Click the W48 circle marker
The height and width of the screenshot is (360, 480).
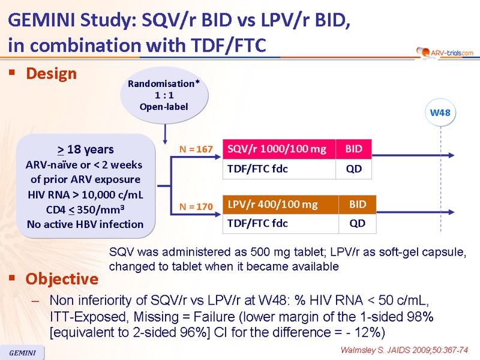tap(440, 113)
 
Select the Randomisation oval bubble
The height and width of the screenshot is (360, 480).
tap(164, 95)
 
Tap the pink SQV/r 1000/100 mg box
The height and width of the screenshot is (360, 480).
tap(279, 149)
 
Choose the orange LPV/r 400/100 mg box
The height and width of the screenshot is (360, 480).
tap(280, 205)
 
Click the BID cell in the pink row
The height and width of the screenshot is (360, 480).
tap(353, 149)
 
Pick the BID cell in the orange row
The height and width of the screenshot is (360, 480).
tap(358, 205)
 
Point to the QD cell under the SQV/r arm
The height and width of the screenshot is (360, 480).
tap(353, 169)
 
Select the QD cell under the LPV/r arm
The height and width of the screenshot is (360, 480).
tap(358, 223)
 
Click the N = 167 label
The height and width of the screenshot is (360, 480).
tap(196, 149)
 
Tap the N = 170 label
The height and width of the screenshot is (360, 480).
tap(196, 206)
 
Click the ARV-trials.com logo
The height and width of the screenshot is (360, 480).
tap(445, 53)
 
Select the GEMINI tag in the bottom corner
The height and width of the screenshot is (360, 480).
tap(22, 353)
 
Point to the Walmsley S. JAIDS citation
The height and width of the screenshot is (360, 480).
tap(404, 350)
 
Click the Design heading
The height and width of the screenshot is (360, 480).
tap(51, 74)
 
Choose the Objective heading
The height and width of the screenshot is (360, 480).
tap(62, 279)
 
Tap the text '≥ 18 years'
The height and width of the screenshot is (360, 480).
tap(85, 149)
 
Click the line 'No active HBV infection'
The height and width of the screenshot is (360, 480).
tap(85, 224)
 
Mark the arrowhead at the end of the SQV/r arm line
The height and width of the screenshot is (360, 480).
tap(452, 155)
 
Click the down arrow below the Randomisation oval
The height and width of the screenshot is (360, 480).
tap(165, 134)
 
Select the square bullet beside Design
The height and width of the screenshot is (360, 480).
tap(12, 72)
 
